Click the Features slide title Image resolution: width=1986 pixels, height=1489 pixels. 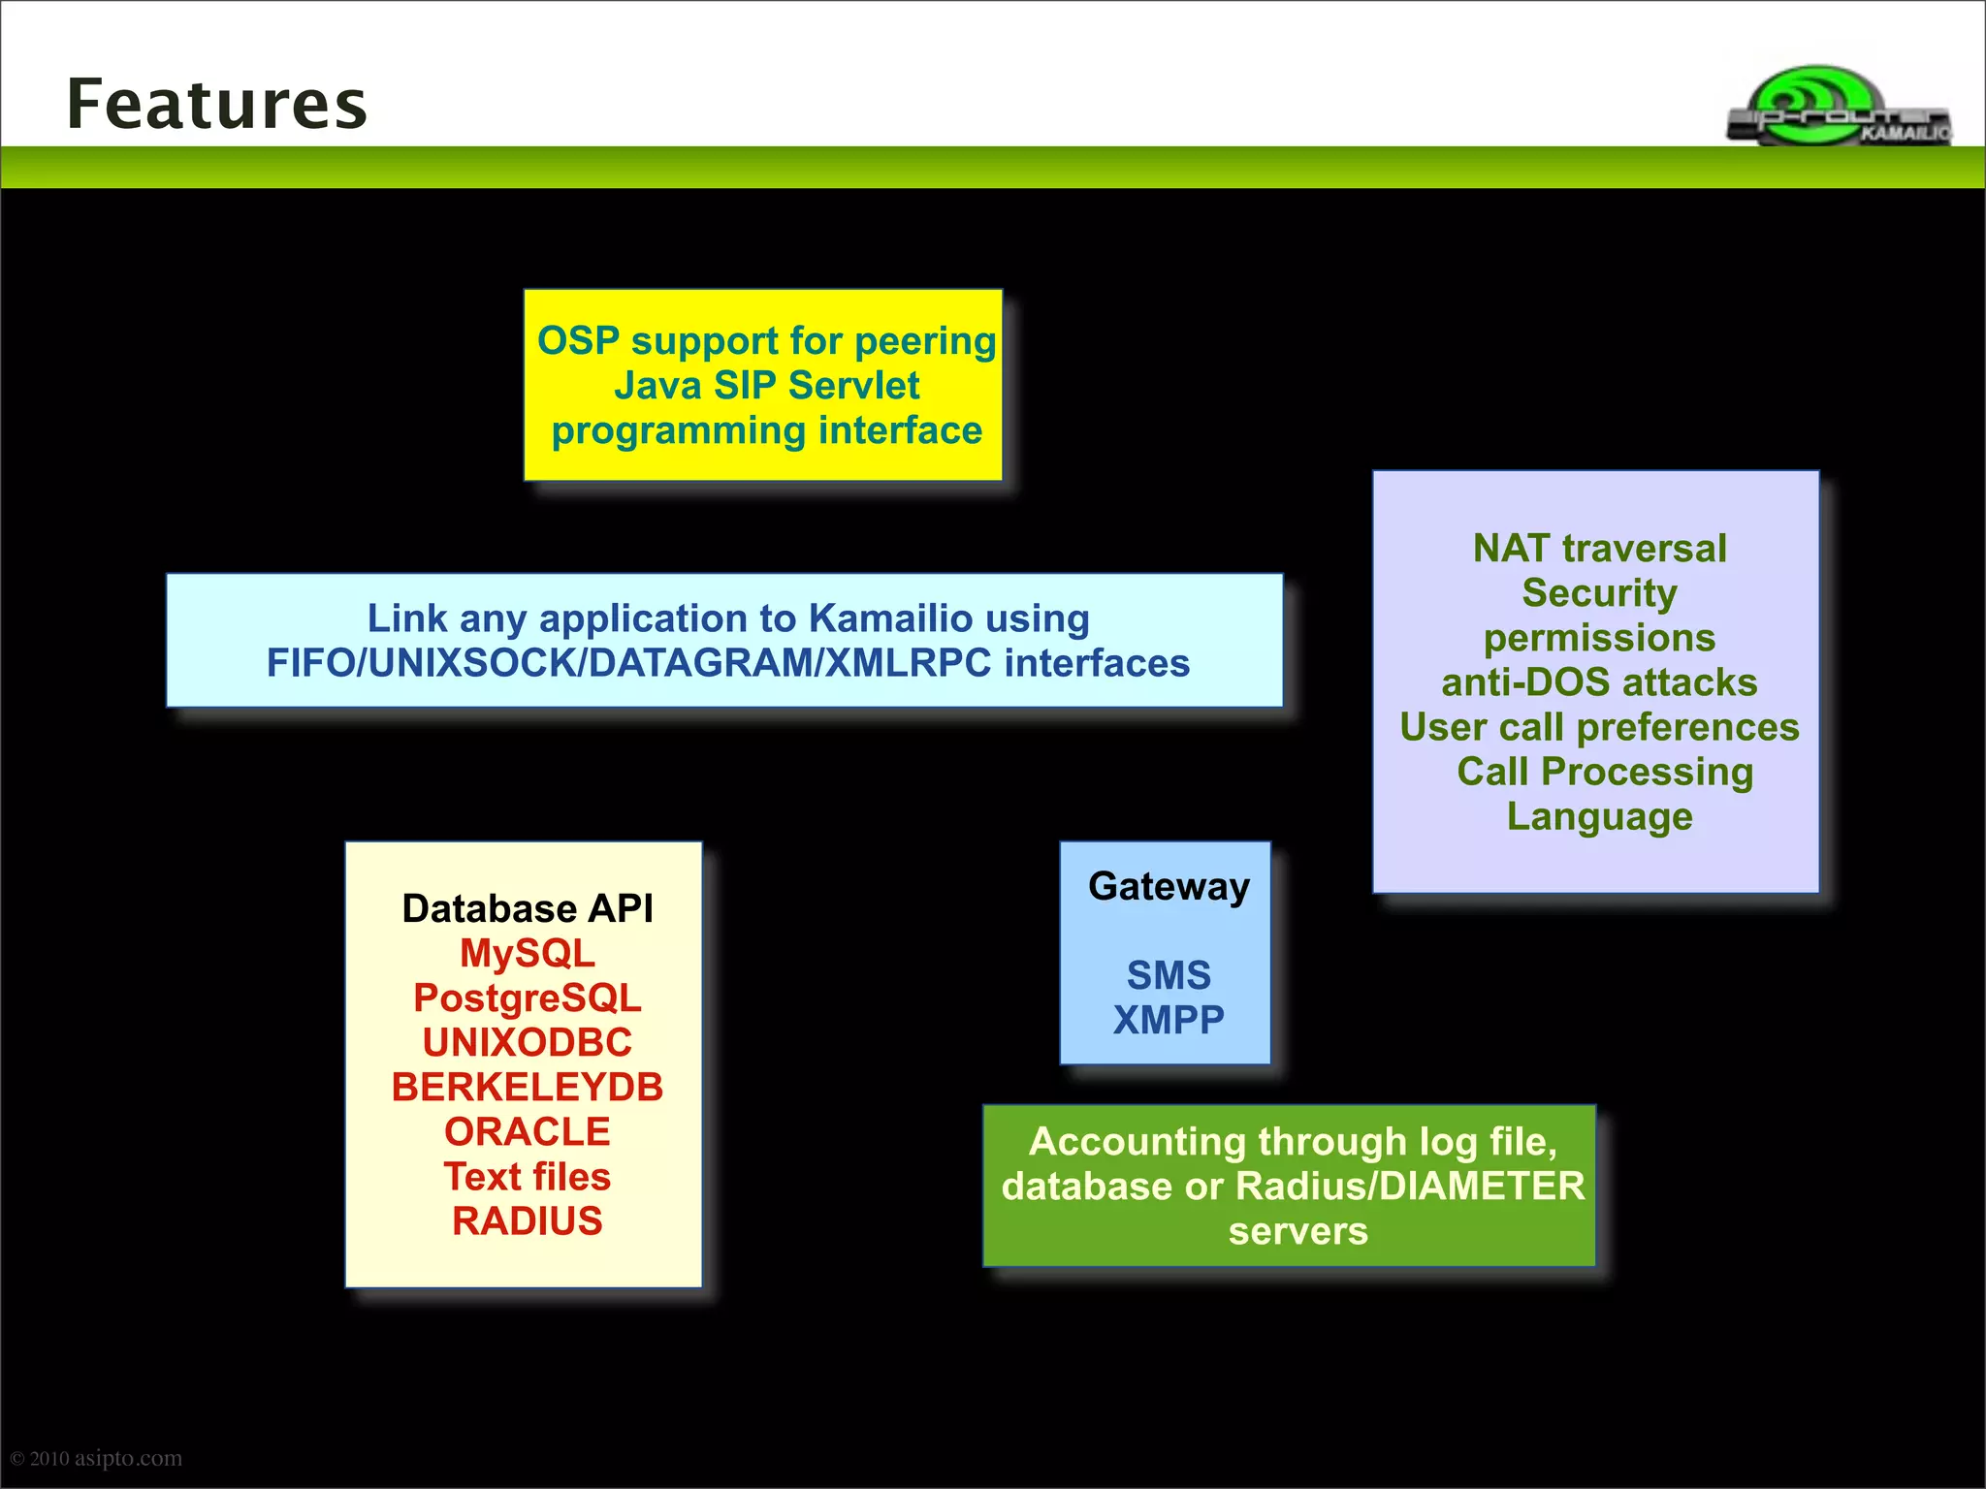point(217,104)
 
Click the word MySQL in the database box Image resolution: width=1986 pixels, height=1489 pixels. point(527,953)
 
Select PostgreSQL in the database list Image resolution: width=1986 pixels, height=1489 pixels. point(527,998)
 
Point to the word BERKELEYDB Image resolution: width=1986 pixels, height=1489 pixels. point(527,1087)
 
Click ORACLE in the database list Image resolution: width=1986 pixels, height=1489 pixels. point(527,1131)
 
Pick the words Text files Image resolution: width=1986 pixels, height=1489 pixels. point(527,1176)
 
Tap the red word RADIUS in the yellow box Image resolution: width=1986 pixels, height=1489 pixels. point(527,1220)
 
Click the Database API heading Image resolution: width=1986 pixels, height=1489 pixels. point(527,908)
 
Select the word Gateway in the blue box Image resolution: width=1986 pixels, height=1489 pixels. point(1169,886)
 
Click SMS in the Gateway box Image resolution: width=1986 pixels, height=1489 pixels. point(1169,974)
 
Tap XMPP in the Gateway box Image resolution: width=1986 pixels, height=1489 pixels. point(1169,1019)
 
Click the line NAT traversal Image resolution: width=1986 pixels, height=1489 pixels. point(1599,548)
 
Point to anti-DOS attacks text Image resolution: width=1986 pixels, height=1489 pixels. point(1599,681)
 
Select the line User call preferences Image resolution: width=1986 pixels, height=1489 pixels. point(1599,726)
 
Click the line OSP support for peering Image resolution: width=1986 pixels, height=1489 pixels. point(766,340)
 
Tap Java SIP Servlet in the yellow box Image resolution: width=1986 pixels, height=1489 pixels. point(766,385)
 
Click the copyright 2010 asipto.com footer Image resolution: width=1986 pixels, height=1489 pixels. point(96,1457)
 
